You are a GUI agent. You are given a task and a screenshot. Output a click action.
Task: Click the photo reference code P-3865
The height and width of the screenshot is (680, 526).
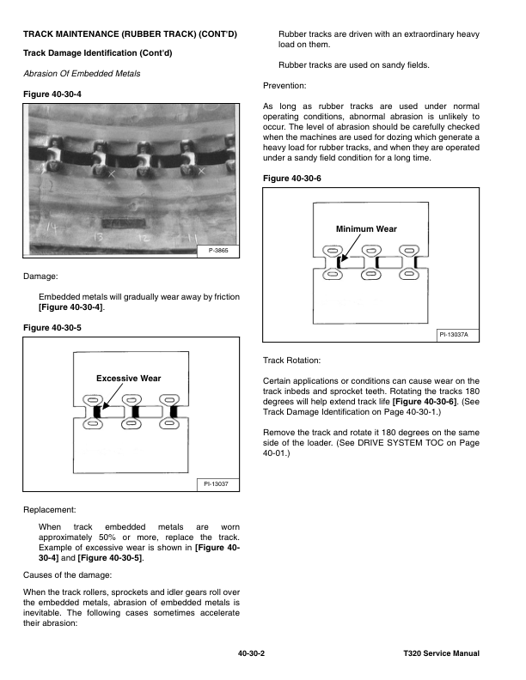[221, 250]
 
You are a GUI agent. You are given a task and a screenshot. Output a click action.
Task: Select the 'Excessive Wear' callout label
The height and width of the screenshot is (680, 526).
[128, 378]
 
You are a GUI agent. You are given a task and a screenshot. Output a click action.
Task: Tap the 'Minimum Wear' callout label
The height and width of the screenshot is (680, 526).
[368, 228]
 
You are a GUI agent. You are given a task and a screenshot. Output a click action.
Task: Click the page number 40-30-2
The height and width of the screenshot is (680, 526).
[251, 653]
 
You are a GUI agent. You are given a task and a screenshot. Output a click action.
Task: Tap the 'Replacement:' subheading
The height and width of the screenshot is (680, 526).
[52, 509]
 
